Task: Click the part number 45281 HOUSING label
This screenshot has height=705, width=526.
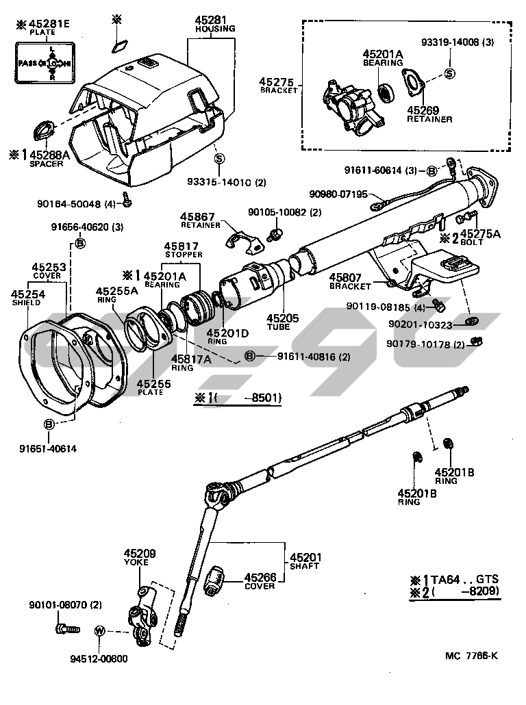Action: [x=215, y=25]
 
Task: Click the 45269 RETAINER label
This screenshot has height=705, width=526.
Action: [x=429, y=114]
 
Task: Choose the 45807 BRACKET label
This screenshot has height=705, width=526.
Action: [x=350, y=281]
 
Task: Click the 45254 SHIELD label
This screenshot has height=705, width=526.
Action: [x=25, y=298]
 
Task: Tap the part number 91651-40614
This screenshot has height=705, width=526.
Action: [x=49, y=448]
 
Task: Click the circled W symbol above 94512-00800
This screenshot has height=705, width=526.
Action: [x=99, y=630]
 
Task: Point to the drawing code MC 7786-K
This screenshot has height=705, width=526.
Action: [x=471, y=656]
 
